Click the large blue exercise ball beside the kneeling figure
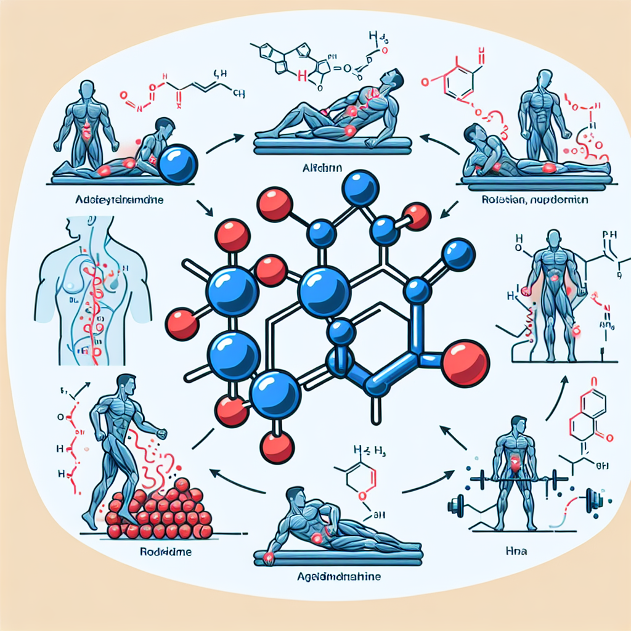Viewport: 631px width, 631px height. (177, 164)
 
